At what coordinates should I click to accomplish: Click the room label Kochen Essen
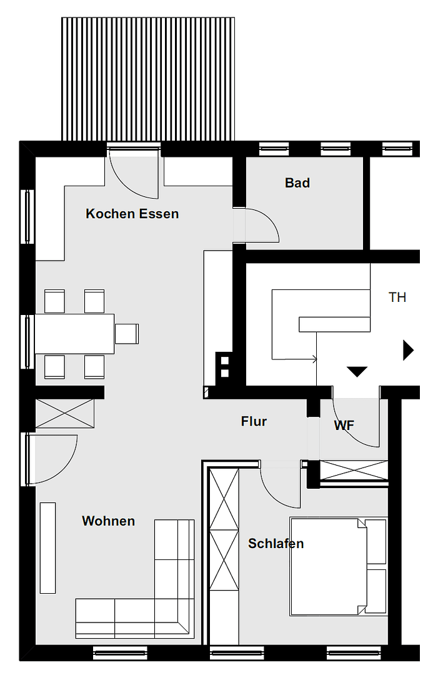coord(132,214)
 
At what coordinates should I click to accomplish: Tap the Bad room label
coord(297,183)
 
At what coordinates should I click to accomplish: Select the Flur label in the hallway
coord(254,421)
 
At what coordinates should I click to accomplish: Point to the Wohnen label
coord(108,521)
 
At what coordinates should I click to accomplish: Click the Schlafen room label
coord(276,544)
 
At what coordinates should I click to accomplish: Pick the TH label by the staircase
coord(397,297)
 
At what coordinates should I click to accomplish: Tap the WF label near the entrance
coord(344,426)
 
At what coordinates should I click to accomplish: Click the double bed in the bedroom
coord(328,566)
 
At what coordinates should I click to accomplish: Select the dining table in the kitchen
coord(74,334)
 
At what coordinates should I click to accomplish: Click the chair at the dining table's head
coord(127,334)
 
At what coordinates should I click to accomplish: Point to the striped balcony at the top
coord(148,79)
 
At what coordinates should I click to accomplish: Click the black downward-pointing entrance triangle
coord(357,372)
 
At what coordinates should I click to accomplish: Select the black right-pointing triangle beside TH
coord(408,350)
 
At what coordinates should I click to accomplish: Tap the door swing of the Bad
coord(259,225)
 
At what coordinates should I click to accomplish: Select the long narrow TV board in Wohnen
coord(48,547)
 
